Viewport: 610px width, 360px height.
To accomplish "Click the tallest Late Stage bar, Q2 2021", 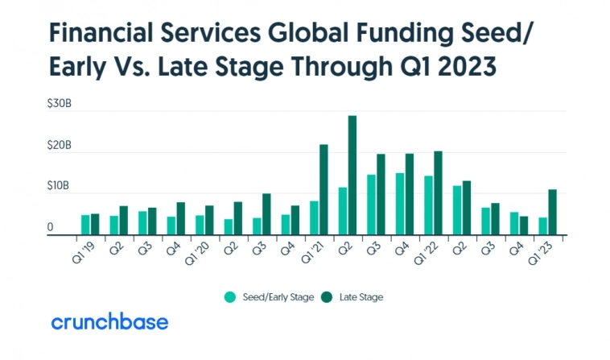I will pyautogui.click(x=352, y=175).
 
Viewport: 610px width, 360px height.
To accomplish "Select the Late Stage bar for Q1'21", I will pyautogui.click(x=324, y=189).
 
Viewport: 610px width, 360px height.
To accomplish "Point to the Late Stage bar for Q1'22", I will pyautogui.click(x=438, y=192).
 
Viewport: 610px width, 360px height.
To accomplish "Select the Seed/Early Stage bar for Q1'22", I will pyautogui.click(x=428, y=205).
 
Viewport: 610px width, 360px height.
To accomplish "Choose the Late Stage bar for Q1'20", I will pyautogui.click(x=209, y=220).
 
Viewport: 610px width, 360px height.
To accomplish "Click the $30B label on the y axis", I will pyautogui.click(x=60, y=106).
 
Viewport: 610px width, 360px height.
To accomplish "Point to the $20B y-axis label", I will pyautogui.click(x=60, y=146).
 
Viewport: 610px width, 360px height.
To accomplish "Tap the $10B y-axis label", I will pyautogui.click(x=60, y=186).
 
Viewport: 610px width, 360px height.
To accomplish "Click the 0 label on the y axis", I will pyautogui.click(x=51, y=228).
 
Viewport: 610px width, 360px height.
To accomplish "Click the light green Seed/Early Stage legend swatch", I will pyautogui.click(x=229, y=297).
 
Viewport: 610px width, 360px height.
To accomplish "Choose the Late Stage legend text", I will pyautogui.click(x=361, y=297).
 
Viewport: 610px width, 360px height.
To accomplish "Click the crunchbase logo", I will pyautogui.click(x=109, y=322).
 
